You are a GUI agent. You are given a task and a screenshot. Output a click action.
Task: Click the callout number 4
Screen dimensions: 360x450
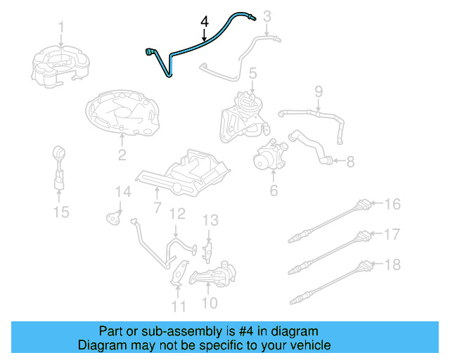coord(204,22)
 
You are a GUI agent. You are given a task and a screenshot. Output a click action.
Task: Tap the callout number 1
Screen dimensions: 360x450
coord(61,28)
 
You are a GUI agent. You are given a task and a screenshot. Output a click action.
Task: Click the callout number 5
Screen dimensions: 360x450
coord(252,72)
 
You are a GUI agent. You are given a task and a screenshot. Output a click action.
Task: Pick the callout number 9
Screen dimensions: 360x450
coord(318,91)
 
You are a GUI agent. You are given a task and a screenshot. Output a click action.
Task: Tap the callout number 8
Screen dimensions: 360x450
coord(349,161)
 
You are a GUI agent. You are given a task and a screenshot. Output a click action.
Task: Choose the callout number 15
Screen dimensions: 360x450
coord(62,211)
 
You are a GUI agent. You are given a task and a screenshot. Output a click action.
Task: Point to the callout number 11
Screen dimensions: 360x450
coord(179,306)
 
